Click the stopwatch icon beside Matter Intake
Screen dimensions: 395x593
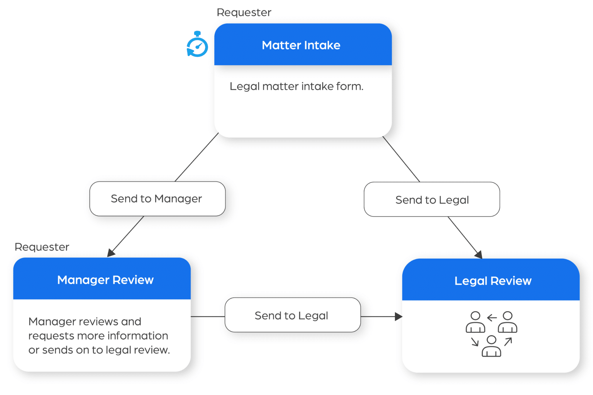pos(197,45)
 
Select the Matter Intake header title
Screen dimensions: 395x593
pos(301,45)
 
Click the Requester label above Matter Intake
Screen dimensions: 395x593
pos(244,12)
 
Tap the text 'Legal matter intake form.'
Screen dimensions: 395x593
pos(296,86)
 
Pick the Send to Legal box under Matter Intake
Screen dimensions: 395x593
pos(432,200)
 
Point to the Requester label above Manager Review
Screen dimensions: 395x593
pos(42,247)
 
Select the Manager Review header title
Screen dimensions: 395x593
pos(105,280)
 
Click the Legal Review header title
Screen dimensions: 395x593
pos(493,281)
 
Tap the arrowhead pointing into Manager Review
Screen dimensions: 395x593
pos(111,253)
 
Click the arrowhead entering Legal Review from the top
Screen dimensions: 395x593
pos(479,255)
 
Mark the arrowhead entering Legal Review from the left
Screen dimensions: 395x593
pos(399,317)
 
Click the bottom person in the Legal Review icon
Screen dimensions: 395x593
pos(491,346)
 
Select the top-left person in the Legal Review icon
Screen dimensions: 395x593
pos(475,322)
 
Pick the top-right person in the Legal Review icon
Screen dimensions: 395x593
pos(507,322)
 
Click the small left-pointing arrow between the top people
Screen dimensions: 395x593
pos(491,318)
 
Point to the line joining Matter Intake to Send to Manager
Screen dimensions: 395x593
pos(197,157)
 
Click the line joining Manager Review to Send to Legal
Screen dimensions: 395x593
pos(208,317)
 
